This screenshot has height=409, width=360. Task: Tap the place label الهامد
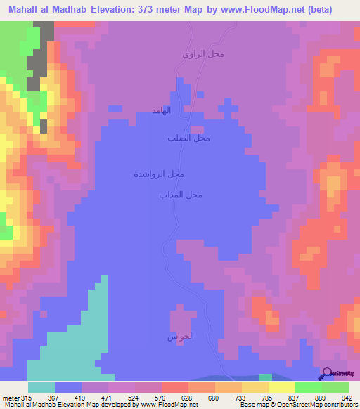coord(162,111)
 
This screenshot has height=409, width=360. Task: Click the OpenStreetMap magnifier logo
coord(327,373)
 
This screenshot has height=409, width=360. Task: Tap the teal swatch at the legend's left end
coord(41,387)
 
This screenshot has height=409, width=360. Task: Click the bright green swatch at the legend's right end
coord(335,387)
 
